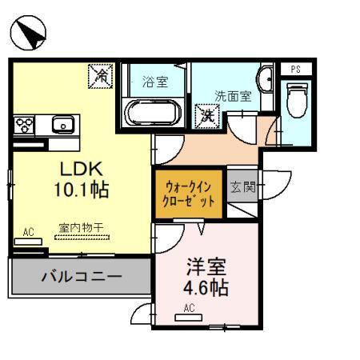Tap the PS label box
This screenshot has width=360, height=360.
pyautogui.click(x=295, y=69)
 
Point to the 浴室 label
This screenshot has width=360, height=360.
pyautogui.click(x=154, y=81)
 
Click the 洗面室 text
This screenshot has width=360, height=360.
pyautogui.click(x=232, y=95)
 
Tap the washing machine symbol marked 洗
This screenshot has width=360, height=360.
pyautogui.click(x=208, y=115)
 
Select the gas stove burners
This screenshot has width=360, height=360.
pyautogui.click(x=25, y=125)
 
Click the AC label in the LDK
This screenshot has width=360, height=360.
pyautogui.click(x=29, y=233)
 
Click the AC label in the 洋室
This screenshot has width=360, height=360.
pyautogui.click(x=190, y=308)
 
